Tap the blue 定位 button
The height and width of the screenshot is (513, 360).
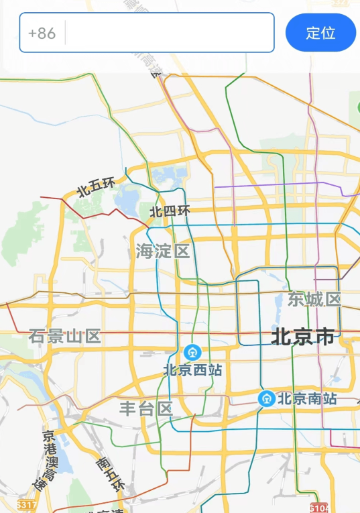(320, 32)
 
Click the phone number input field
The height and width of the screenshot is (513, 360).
(169, 32)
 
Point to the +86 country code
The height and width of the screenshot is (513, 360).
(42, 32)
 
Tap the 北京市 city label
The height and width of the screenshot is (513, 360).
(302, 337)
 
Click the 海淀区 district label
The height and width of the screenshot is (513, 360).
(163, 252)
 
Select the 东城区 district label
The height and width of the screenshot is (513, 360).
(314, 299)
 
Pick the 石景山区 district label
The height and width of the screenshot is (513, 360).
(64, 336)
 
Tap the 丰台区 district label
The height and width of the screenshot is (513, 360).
(146, 408)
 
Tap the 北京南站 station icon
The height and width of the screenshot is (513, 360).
(266, 398)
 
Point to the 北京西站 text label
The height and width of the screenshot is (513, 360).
(193, 369)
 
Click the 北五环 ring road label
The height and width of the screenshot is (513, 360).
(97, 186)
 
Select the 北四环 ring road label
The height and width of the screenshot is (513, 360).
(170, 211)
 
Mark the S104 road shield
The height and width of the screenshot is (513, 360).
(319, 506)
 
